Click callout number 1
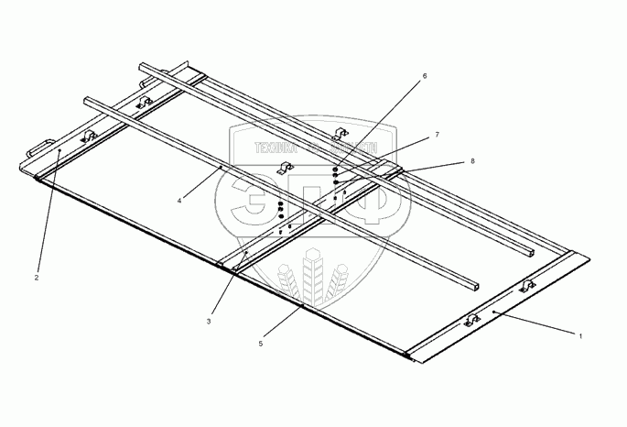[x=580, y=336]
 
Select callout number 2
[x=37, y=277]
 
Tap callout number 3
[x=209, y=321]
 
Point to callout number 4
[x=180, y=199]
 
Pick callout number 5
[x=261, y=344]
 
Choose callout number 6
[x=424, y=78]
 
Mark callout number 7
[x=437, y=135]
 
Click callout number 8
[x=472, y=160]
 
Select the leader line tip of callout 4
[x=221, y=169]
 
